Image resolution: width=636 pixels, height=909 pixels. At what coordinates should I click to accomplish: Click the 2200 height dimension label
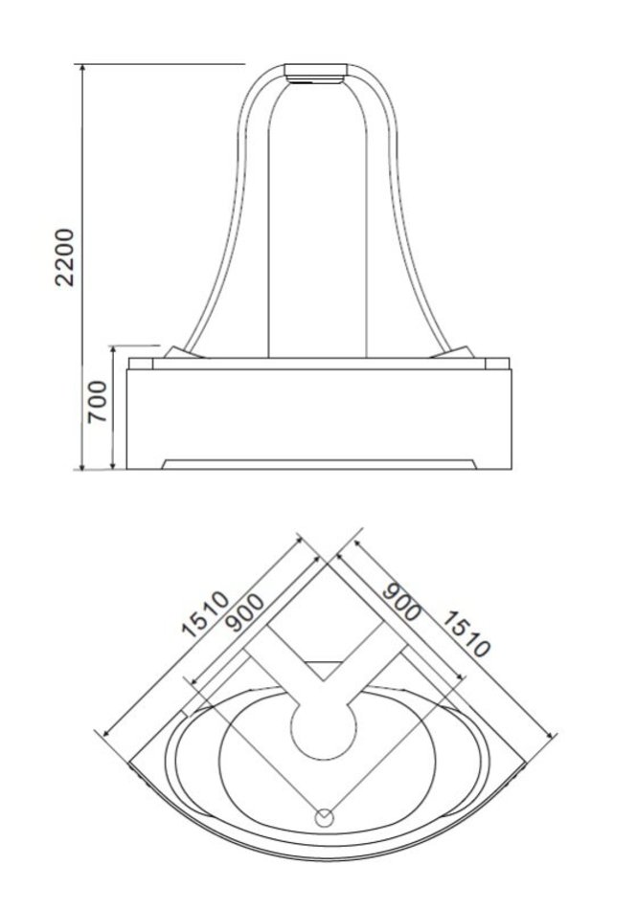pyautogui.click(x=65, y=256)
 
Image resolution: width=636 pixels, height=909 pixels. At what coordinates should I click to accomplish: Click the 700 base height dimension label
pyautogui.click(x=97, y=401)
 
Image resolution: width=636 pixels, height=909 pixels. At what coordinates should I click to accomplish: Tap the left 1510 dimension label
pyautogui.click(x=205, y=614)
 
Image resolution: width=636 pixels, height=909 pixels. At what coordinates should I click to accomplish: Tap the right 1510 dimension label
pyautogui.click(x=466, y=633)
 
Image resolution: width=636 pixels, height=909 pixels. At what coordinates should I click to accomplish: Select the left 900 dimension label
pyautogui.click(x=245, y=612)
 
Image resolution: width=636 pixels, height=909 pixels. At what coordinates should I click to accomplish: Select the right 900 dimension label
pyautogui.click(x=401, y=602)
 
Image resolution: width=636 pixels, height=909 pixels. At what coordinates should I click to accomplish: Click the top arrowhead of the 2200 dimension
pyautogui.click(x=82, y=68)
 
